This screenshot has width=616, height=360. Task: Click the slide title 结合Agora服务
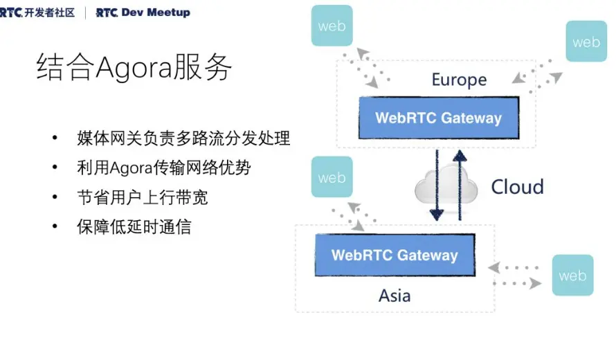coord(134,67)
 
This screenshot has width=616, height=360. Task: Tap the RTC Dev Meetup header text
coord(143,12)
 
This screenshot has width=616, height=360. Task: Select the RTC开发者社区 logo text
coord(37,12)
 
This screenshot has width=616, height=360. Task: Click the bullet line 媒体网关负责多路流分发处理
coord(183,138)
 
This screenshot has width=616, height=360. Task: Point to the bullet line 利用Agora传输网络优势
coord(163,168)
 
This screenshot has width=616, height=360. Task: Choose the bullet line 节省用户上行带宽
coord(143,197)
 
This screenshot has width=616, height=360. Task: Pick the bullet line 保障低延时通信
coord(134,226)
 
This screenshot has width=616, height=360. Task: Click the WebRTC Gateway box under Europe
coord(438,118)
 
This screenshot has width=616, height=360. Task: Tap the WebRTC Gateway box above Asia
coord(395,255)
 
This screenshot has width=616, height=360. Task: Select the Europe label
coord(459,80)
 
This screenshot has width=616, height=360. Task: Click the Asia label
coord(395,296)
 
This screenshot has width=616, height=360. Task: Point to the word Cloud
coord(517,187)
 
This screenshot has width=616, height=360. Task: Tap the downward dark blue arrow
coord(437,183)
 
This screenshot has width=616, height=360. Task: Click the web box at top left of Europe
coord(332,26)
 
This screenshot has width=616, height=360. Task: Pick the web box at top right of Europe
coord(586,42)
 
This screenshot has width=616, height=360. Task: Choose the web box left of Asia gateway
coord(332,177)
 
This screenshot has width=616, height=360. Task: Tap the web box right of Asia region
coord(572,276)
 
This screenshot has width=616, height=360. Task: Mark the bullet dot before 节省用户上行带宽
coord(55,197)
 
